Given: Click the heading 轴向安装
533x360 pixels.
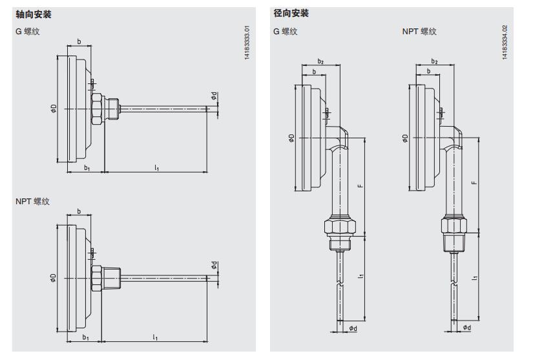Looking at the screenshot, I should click(33, 14).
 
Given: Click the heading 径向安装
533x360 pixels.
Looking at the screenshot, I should click(291, 14).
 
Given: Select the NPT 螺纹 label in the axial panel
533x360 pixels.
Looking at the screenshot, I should click(32, 202).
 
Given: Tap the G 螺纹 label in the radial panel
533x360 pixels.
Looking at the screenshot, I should click(286, 31).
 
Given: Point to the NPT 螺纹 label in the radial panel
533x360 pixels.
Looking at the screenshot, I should click(419, 31).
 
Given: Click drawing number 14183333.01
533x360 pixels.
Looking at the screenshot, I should click(246, 45).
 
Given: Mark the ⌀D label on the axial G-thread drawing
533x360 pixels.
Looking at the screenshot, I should click(54, 109).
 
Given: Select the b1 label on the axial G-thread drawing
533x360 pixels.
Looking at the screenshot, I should click(86, 167).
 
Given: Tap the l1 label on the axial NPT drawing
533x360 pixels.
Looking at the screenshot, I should click(155, 337).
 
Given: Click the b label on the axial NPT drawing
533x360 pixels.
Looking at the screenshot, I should click(79, 211).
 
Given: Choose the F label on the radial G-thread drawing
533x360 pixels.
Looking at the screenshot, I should click(359, 185).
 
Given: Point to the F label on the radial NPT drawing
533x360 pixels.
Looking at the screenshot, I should click(475, 183).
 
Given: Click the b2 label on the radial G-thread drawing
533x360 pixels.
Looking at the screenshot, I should click(320, 61).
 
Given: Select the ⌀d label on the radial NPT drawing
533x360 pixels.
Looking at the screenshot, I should click(466, 328).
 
